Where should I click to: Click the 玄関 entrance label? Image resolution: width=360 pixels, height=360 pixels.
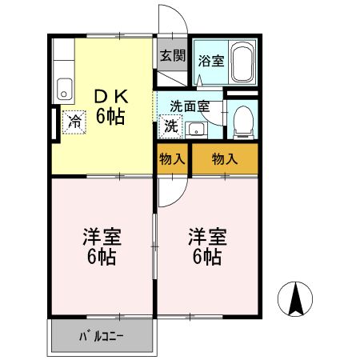(172, 55)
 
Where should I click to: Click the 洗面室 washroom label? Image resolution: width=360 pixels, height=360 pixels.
(190, 106)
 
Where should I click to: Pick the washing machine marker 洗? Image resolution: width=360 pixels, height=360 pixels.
(171, 126)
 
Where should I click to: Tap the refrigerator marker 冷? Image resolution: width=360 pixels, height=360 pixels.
(74, 122)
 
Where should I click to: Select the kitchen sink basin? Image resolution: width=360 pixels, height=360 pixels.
(65, 90)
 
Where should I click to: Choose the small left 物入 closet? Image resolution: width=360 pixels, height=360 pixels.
(172, 158)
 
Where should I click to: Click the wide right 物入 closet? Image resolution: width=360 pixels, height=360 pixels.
(225, 158)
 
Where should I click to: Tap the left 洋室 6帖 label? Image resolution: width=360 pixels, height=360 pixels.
(101, 246)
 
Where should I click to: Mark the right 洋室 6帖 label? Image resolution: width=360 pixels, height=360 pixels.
(206, 246)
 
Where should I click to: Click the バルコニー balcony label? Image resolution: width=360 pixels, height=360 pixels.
(102, 337)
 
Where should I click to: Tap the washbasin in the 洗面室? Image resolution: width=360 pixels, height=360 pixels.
(197, 129)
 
